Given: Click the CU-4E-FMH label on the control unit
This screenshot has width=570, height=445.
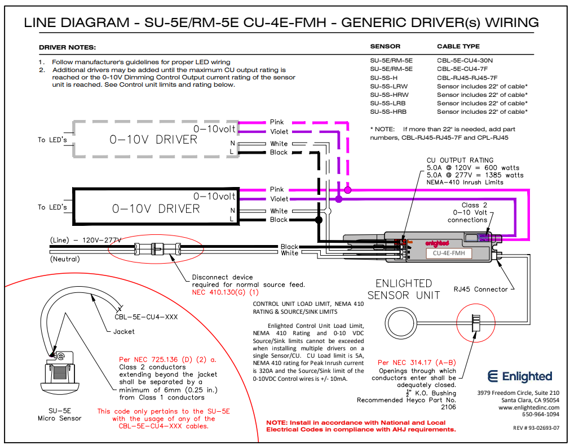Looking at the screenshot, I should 449,253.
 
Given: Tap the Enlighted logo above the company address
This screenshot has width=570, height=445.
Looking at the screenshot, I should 519,376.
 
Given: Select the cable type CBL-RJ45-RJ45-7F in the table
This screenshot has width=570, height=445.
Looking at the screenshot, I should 467,78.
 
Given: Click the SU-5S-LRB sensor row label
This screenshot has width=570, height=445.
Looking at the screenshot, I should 388,104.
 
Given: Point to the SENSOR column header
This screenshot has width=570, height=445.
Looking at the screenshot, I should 385,46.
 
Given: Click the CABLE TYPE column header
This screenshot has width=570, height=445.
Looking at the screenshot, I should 458,46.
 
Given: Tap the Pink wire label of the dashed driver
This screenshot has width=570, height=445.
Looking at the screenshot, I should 277,122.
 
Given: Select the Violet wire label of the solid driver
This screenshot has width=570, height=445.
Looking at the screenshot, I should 279,199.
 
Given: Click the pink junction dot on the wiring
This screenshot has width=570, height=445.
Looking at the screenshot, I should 348,190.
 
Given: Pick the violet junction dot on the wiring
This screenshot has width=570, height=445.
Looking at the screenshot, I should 338,199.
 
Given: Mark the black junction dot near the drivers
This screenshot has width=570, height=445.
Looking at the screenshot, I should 319,220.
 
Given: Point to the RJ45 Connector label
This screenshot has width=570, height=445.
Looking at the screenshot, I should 480,290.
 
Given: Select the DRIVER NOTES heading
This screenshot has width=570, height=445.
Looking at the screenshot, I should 67,47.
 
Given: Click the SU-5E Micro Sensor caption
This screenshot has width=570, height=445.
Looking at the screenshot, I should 59,415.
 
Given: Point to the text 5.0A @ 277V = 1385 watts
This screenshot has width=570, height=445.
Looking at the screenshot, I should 472,175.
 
